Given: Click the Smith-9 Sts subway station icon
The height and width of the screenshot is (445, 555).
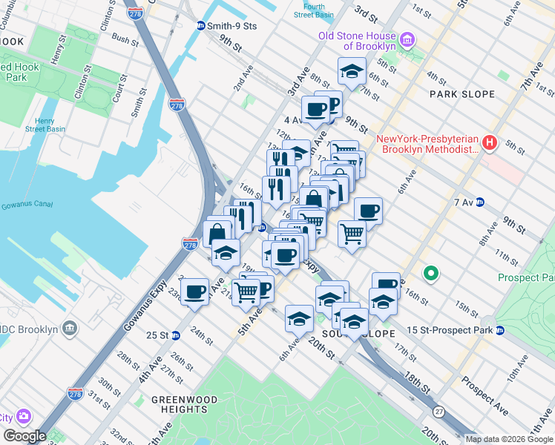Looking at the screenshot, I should point(200,25).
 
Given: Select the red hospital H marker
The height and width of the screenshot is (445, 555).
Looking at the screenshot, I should point(490,143).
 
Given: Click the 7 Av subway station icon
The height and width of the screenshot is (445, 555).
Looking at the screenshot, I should point(480,202).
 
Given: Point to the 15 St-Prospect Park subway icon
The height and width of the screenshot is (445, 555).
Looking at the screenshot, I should point(500,329).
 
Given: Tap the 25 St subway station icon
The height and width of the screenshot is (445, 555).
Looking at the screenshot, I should point(175,334).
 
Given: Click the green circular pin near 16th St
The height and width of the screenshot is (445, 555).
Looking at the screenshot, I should point(430,274).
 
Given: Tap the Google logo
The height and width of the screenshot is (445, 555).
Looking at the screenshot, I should point(24,436).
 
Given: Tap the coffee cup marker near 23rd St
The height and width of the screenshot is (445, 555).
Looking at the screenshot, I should point(195,291).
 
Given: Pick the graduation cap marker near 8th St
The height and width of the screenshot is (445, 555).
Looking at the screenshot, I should point(352,72).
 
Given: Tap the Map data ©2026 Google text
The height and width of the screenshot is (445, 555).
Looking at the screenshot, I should point(510,439).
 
